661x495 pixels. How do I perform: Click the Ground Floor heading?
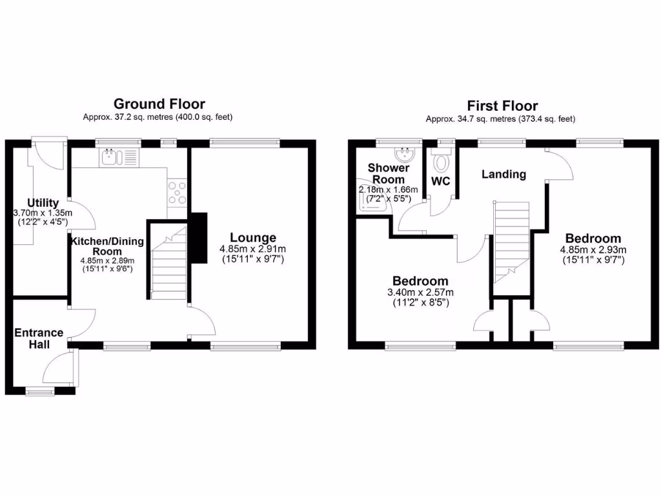tap(159, 104)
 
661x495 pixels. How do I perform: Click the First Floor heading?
tap(502, 106)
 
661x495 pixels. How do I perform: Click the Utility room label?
tap(43, 203)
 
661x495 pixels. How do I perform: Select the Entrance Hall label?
tap(39, 338)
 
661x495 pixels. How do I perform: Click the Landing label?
tap(503, 174)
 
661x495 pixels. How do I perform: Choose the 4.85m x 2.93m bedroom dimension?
tap(595, 250)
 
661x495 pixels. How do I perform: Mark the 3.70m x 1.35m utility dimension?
tap(43, 213)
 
